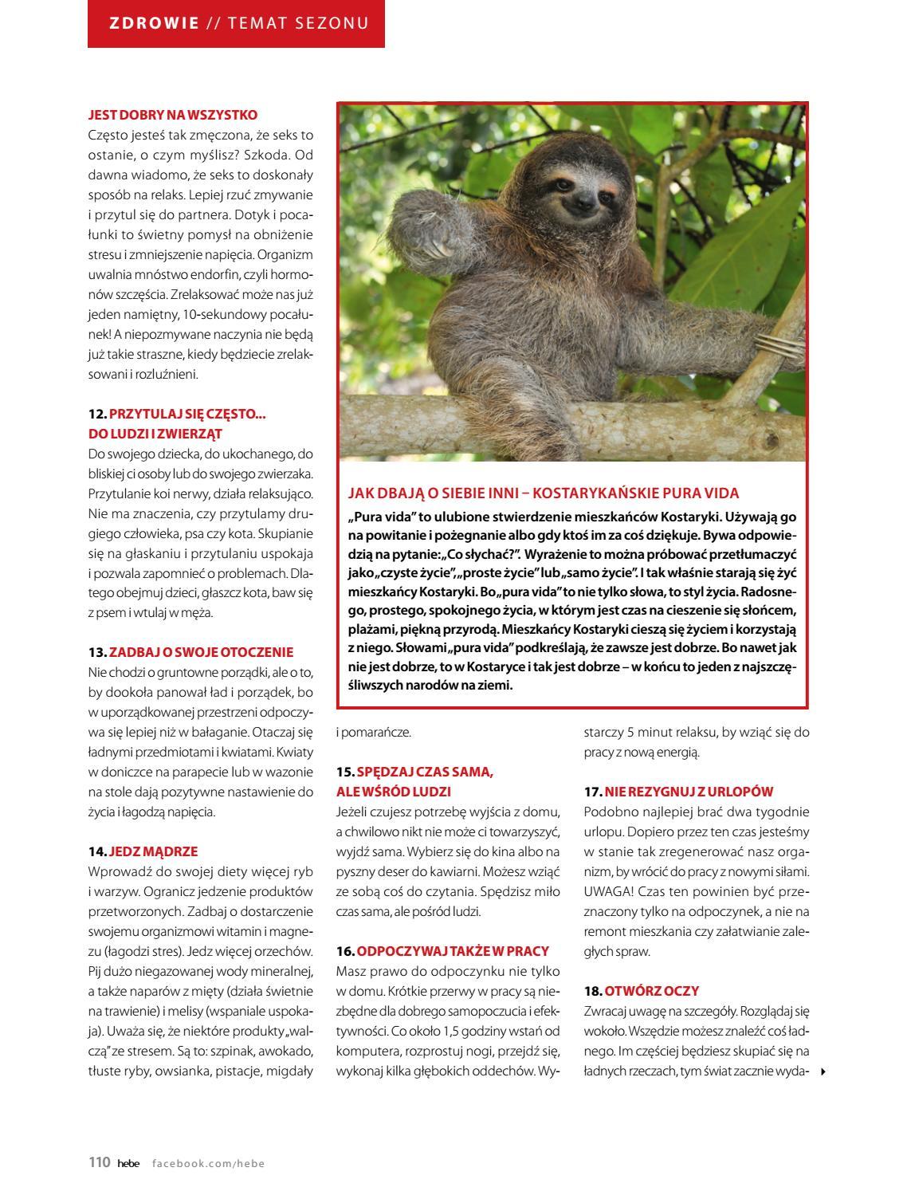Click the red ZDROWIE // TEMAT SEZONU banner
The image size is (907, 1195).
tap(236, 23)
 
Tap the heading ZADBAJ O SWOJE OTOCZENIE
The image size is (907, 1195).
tap(201, 652)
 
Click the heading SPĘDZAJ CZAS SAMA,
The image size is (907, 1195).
tap(426, 772)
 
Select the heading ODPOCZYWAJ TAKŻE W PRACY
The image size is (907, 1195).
tap(453, 951)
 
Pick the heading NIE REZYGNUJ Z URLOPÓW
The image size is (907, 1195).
tap(689, 792)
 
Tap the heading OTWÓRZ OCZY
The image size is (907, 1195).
tap(651, 991)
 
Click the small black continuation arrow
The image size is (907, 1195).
tap(823, 1071)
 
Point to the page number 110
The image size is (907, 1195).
tap(99, 1162)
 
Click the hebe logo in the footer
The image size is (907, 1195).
tap(128, 1163)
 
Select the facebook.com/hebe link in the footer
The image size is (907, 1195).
tap(208, 1163)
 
